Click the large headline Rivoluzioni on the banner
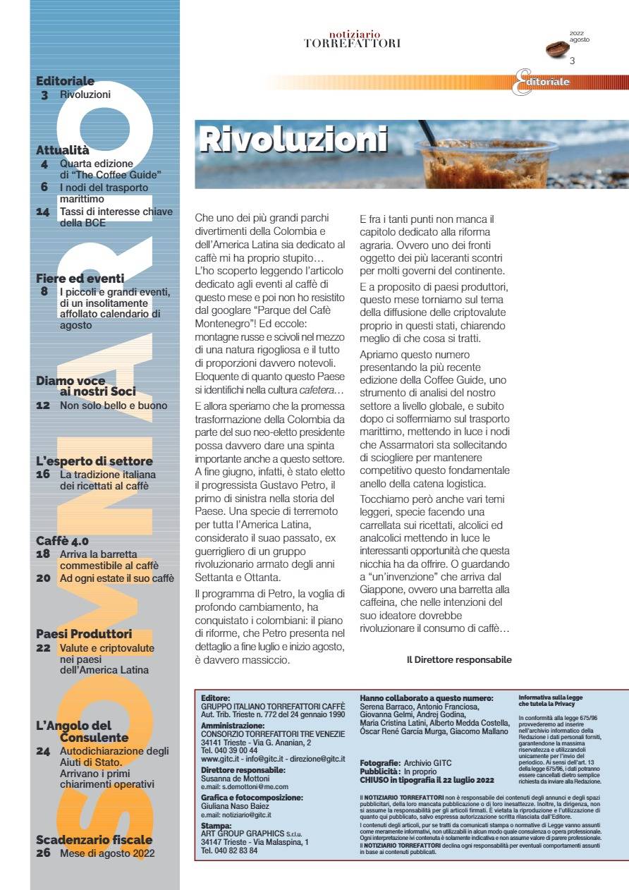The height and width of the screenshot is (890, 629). (x=293, y=140)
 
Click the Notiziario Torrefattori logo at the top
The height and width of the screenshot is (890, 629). (x=353, y=39)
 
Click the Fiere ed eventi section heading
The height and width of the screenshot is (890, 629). (x=80, y=278)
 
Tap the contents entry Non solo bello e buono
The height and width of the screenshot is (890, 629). (x=114, y=406)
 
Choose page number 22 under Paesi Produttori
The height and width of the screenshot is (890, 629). (x=43, y=648)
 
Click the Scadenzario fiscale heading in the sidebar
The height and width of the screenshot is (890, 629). (x=94, y=840)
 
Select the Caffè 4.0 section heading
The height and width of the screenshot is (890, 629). (x=62, y=541)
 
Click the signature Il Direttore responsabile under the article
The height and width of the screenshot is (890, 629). (x=459, y=660)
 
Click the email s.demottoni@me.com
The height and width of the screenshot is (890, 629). (x=245, y=786)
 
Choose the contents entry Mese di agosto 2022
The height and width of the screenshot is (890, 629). (x=107, y=853)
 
